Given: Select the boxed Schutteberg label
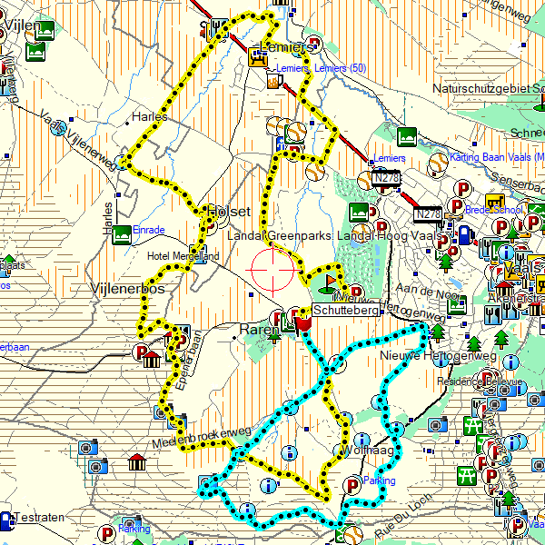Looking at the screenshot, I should point(345,310).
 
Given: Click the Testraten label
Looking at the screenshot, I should point(40,518).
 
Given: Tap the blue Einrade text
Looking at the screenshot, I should point(149,229).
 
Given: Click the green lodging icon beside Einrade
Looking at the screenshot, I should point(123,228).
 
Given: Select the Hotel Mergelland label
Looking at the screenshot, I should point(183,256).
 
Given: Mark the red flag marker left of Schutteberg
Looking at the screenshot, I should point(303,320).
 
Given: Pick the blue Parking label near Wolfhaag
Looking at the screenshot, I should point(380,480).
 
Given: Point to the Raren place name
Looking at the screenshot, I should point(258,330).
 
